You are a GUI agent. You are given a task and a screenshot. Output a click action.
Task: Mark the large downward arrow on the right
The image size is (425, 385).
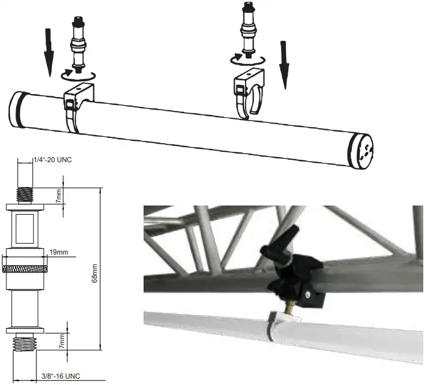point(284,65)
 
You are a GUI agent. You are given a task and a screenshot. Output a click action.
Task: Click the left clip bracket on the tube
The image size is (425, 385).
point(76,107)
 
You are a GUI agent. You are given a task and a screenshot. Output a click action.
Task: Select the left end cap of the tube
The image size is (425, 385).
point(18,111)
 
